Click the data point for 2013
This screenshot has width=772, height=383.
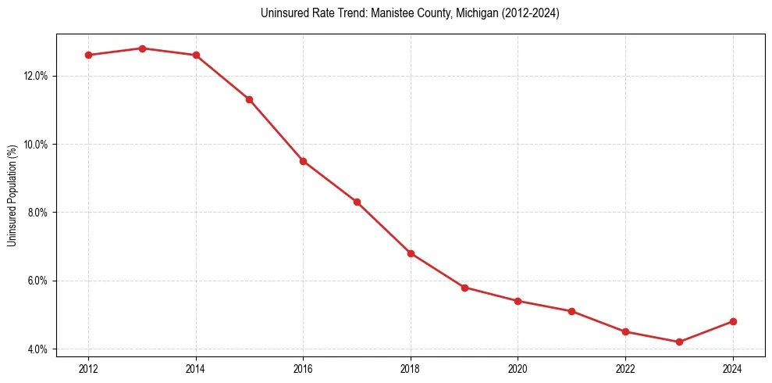[x=142, y=48]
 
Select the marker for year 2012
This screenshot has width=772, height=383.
[x=88, y=55]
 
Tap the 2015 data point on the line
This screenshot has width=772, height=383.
[x=249, y=99]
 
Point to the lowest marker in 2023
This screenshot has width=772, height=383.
[x=679, y=342]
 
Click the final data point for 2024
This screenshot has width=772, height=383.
[x=733, y=321]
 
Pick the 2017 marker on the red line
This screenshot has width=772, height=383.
[x=357, y=202]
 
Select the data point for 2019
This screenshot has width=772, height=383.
[x=464, y=288]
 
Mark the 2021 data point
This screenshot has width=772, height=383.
[x=571, y=311]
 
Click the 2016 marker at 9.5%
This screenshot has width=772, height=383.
[x=303, y=161]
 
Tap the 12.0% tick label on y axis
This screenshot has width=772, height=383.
[x=36, y=76]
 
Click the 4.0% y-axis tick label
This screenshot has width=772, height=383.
[x=38, y=349]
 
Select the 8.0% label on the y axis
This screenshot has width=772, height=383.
[x=38, y=213]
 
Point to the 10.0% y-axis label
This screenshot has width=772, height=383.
[x=36, y=145]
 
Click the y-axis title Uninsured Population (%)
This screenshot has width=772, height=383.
[x=12, y=195]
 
